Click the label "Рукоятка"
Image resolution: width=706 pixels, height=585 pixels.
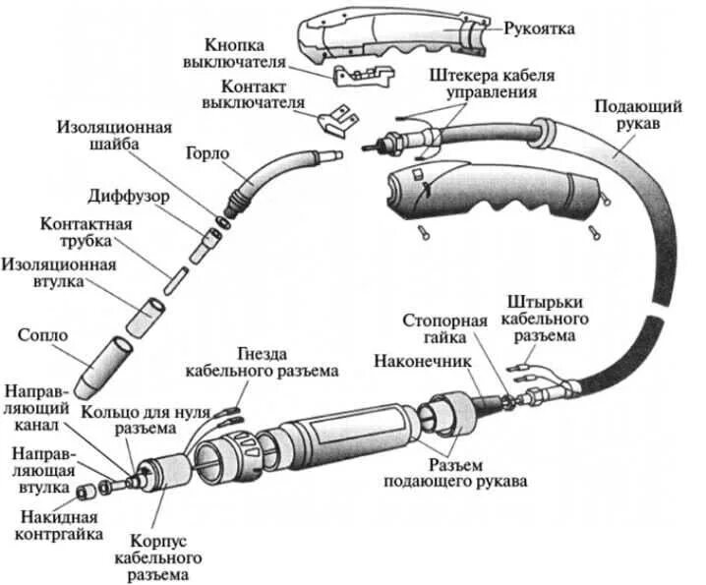539,29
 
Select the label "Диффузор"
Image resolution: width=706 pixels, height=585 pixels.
128,196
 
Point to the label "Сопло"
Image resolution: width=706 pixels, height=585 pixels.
42,335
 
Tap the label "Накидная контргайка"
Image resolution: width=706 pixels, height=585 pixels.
56,526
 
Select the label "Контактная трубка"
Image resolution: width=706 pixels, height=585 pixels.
86,232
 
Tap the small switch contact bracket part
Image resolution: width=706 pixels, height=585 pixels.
336,119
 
